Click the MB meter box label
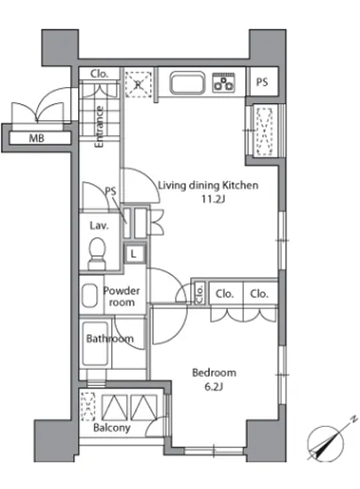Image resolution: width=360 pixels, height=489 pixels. pyautogui.click(x=36, y=138)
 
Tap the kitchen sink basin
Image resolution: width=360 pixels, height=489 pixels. pyautogui.click(x=188, y=83)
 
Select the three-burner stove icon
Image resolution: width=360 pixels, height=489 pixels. pyautogui.click(x=223, y=83)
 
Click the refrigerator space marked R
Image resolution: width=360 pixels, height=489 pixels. pyautogui.click(x=138, y=84)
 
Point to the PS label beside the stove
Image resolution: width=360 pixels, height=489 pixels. pyautogui.click(x=262, y=82)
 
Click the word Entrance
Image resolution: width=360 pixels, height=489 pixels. pyautogui.click(x=99, y=126)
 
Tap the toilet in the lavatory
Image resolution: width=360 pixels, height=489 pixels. pyautogui.click(x=97, y=253)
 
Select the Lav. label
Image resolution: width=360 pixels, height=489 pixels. pyautogui.click(x=100, y=225)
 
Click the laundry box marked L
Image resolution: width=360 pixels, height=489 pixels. pyautogui.click(x=134, y=253)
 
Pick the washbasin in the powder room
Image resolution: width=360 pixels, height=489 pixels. pyautogui.click(x=90, y=295)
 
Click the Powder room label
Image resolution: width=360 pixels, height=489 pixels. pyautogui.click(x=122, y=296)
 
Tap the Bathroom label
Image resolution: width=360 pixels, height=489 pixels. pyautogui.click(x=110, y=339)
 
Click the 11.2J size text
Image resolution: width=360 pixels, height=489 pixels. pyautogui.click(x=213, y=198)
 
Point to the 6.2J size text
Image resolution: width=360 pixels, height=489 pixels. pyautogui.click(x=214, y=387)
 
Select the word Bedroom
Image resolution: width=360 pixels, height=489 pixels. pyautogui.click(x=214, y=373)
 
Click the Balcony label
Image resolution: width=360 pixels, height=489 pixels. pyautogui.click(x=112, y=428)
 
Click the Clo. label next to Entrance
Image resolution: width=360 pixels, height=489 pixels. pyautogui.click(x=100, y=74)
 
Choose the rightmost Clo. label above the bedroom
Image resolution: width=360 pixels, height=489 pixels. pyautogui.click(x=259, y=293)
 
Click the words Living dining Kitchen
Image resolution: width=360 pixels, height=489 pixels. pyautogui.click(x=208, y=185)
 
